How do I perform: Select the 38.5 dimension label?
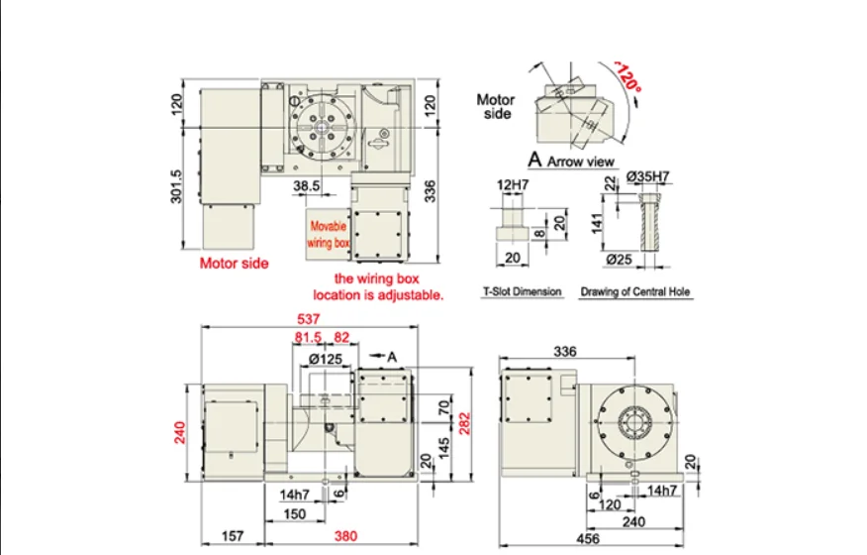(x=306, y=185)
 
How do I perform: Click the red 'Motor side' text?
(x=234, y=264)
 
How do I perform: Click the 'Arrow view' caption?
(x=581, y=161)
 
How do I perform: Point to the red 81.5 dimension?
(x=310, y=338)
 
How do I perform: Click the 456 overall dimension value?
(x=591, y=538)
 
